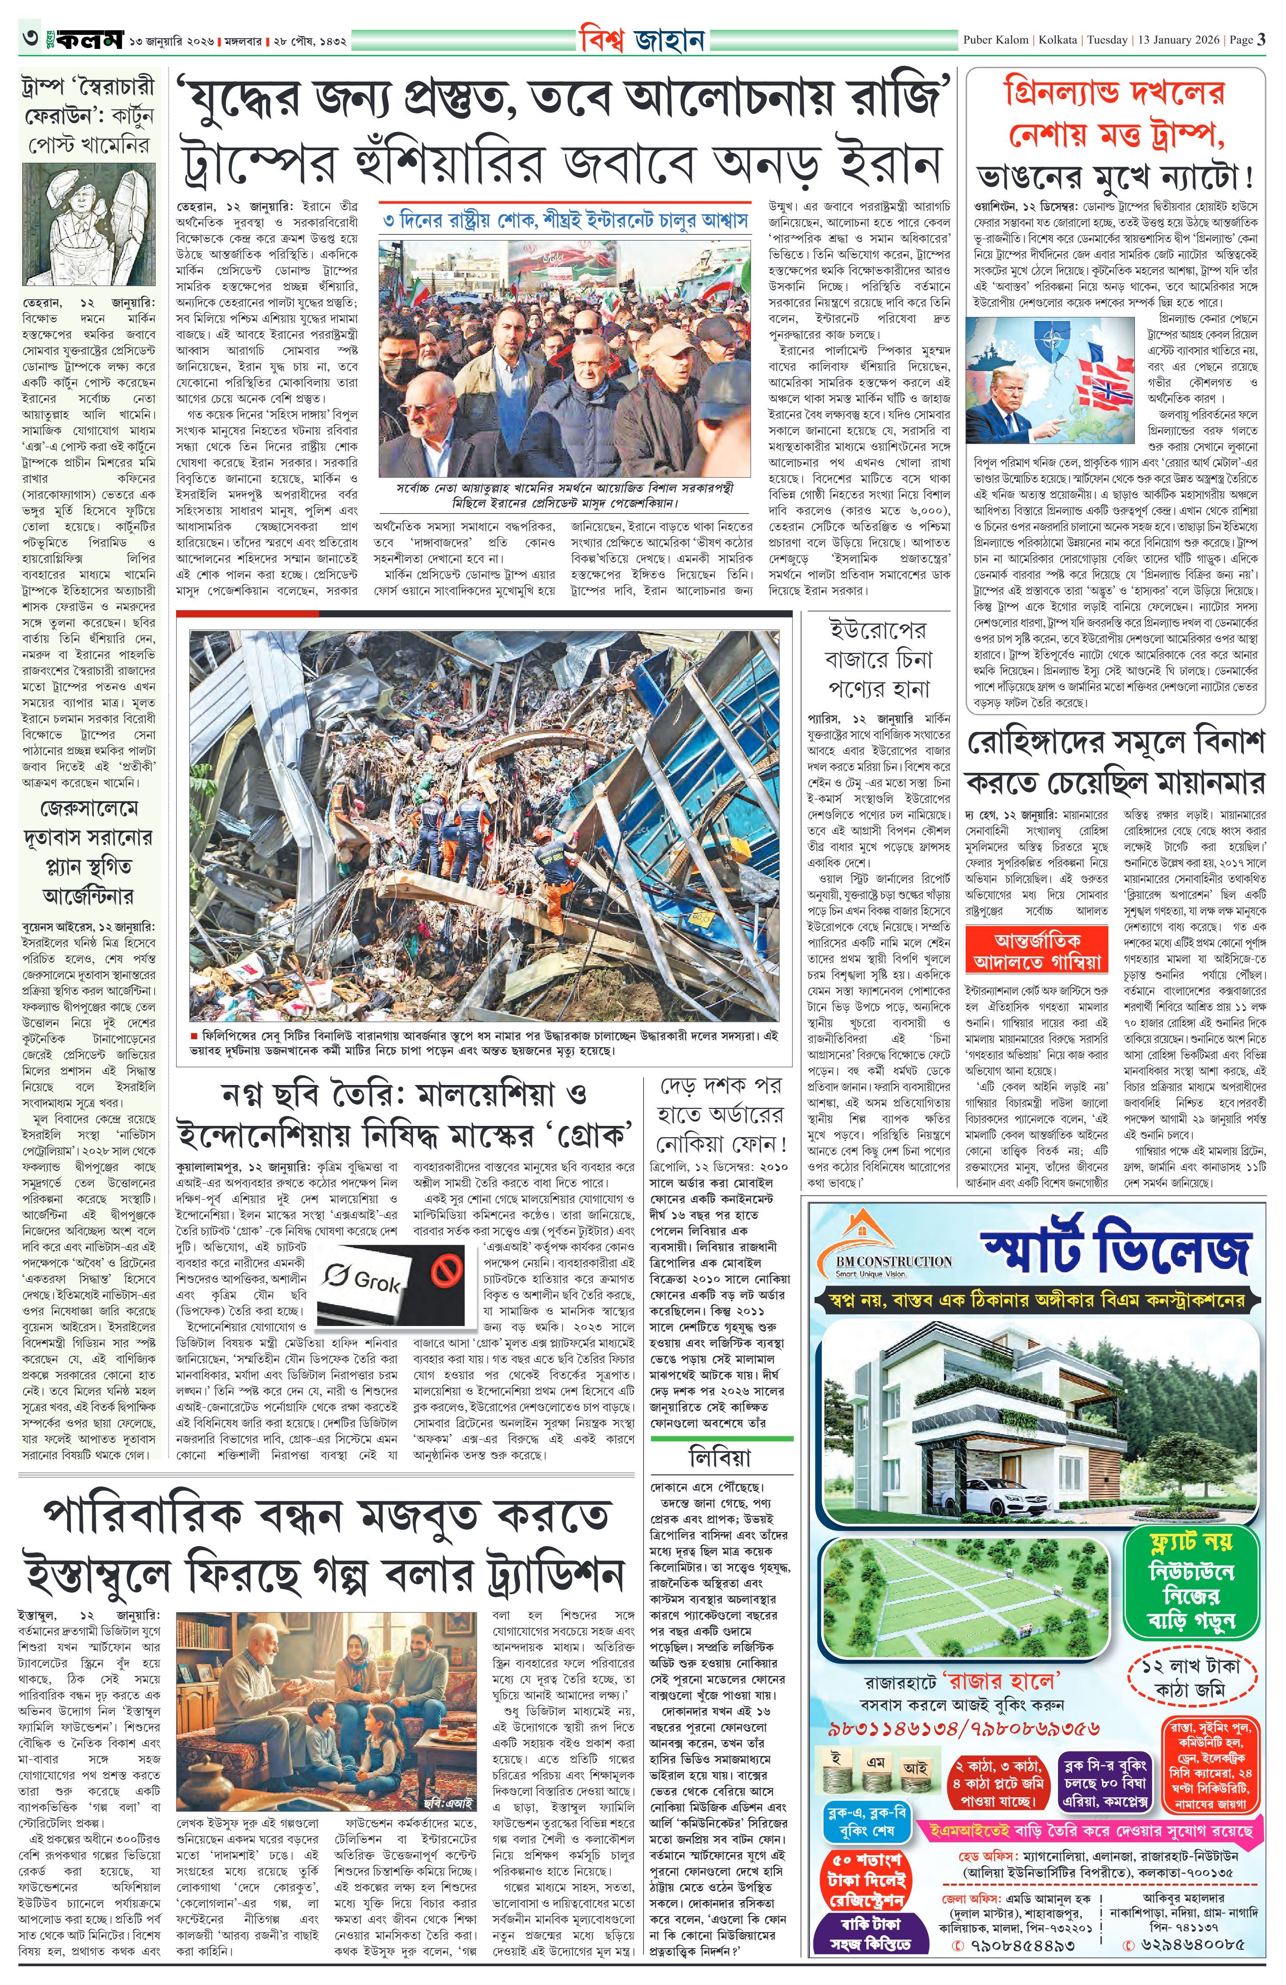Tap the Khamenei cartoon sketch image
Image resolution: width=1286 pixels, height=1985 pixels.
[88, 225]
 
